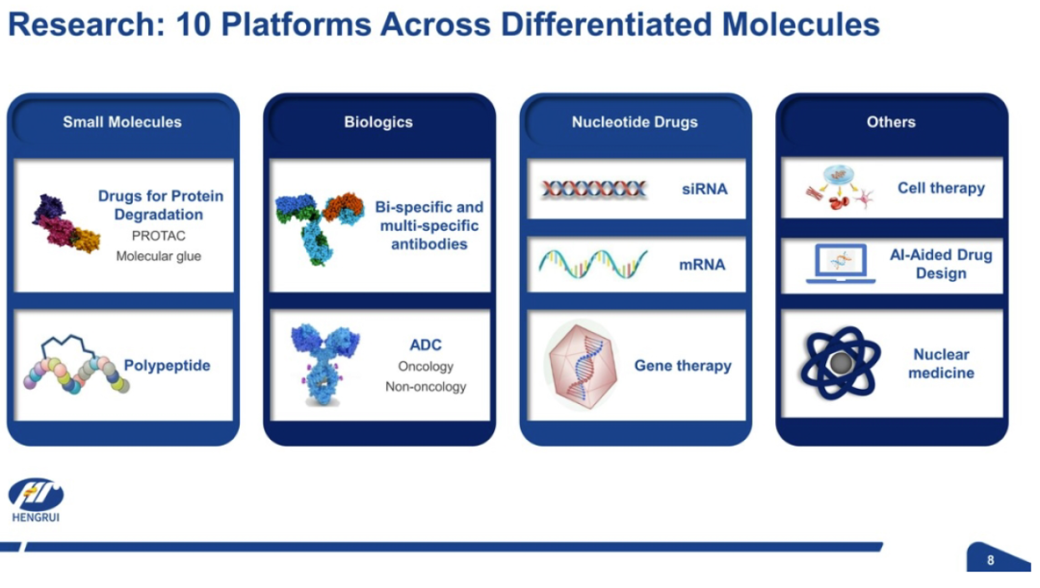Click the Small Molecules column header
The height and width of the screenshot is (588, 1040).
click(122, 122)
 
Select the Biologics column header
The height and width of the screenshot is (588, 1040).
click(378, 122)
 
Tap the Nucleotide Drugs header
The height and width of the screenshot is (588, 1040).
click(635, 122)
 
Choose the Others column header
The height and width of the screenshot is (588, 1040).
click(891, 122)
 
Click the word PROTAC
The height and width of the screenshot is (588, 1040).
click(159, 236)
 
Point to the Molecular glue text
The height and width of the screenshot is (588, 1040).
click(159, 256)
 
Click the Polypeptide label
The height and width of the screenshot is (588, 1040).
click(167, 366)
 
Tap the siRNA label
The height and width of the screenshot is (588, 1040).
click(704, 190)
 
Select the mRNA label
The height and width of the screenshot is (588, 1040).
click(702, 265)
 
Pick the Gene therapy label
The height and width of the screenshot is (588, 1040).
click(683, 366)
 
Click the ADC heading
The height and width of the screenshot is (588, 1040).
click(426, 345)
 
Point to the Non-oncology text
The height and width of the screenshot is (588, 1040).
click(426, 387)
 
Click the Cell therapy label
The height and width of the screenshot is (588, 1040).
click(941, 189)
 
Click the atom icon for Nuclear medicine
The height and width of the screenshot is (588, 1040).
click(841, 364)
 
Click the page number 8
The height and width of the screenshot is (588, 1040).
click(991, 561)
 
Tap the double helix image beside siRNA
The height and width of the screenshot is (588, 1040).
click(593, 190)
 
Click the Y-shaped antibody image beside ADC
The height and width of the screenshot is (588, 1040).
click(325, 363)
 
